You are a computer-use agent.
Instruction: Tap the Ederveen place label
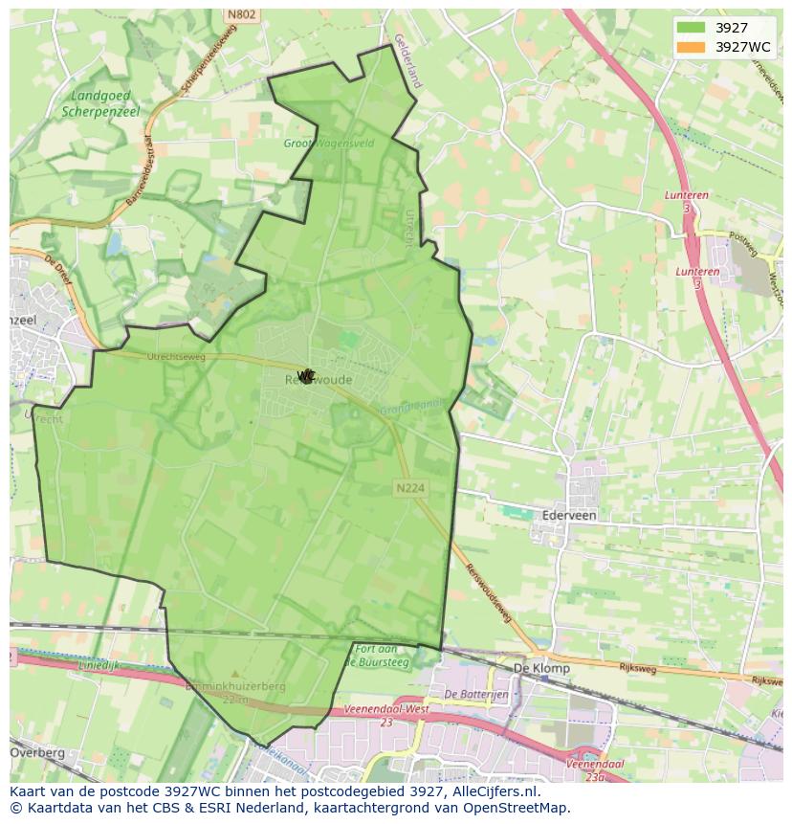[568, 515]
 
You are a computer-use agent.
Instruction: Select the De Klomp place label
[541, 668]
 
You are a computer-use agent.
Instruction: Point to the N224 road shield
[409, 488]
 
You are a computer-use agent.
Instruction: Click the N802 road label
[242, 15]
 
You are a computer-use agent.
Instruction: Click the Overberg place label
[37, 753]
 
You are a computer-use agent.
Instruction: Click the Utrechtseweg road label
[149, 356]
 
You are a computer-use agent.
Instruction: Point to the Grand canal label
[413, 409]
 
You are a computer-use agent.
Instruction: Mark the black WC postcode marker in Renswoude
[305, 376]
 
